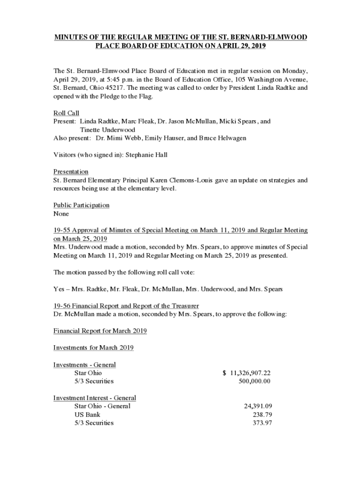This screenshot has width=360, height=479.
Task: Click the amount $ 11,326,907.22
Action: pyautogui.click(x=247, y=373)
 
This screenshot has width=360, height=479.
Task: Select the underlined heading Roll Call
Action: pyautogui.click(x=66, y=113)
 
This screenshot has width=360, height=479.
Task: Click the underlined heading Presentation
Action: pyautogui.click(x=71, y=172)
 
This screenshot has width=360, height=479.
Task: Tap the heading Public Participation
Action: pyautogui.click(x=81, y=205)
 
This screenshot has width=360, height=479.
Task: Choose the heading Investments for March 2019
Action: pyautogui.click(x=94, y=348)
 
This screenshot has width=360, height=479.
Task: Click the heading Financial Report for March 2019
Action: pyautogui.click(x=100, y=331)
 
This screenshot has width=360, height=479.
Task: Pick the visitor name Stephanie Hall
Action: pyautogui.click(x=145, y=155)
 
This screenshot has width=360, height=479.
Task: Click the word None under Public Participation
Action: pyautogui.click(x=61, y=214)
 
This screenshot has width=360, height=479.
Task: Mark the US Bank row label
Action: pyautogui.click(x=87, y=414)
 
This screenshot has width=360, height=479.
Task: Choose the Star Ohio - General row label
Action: pyautogui.click(x=102, y=406)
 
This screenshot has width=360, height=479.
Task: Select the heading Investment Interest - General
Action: pyautogui.click(x=94, y=398)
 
